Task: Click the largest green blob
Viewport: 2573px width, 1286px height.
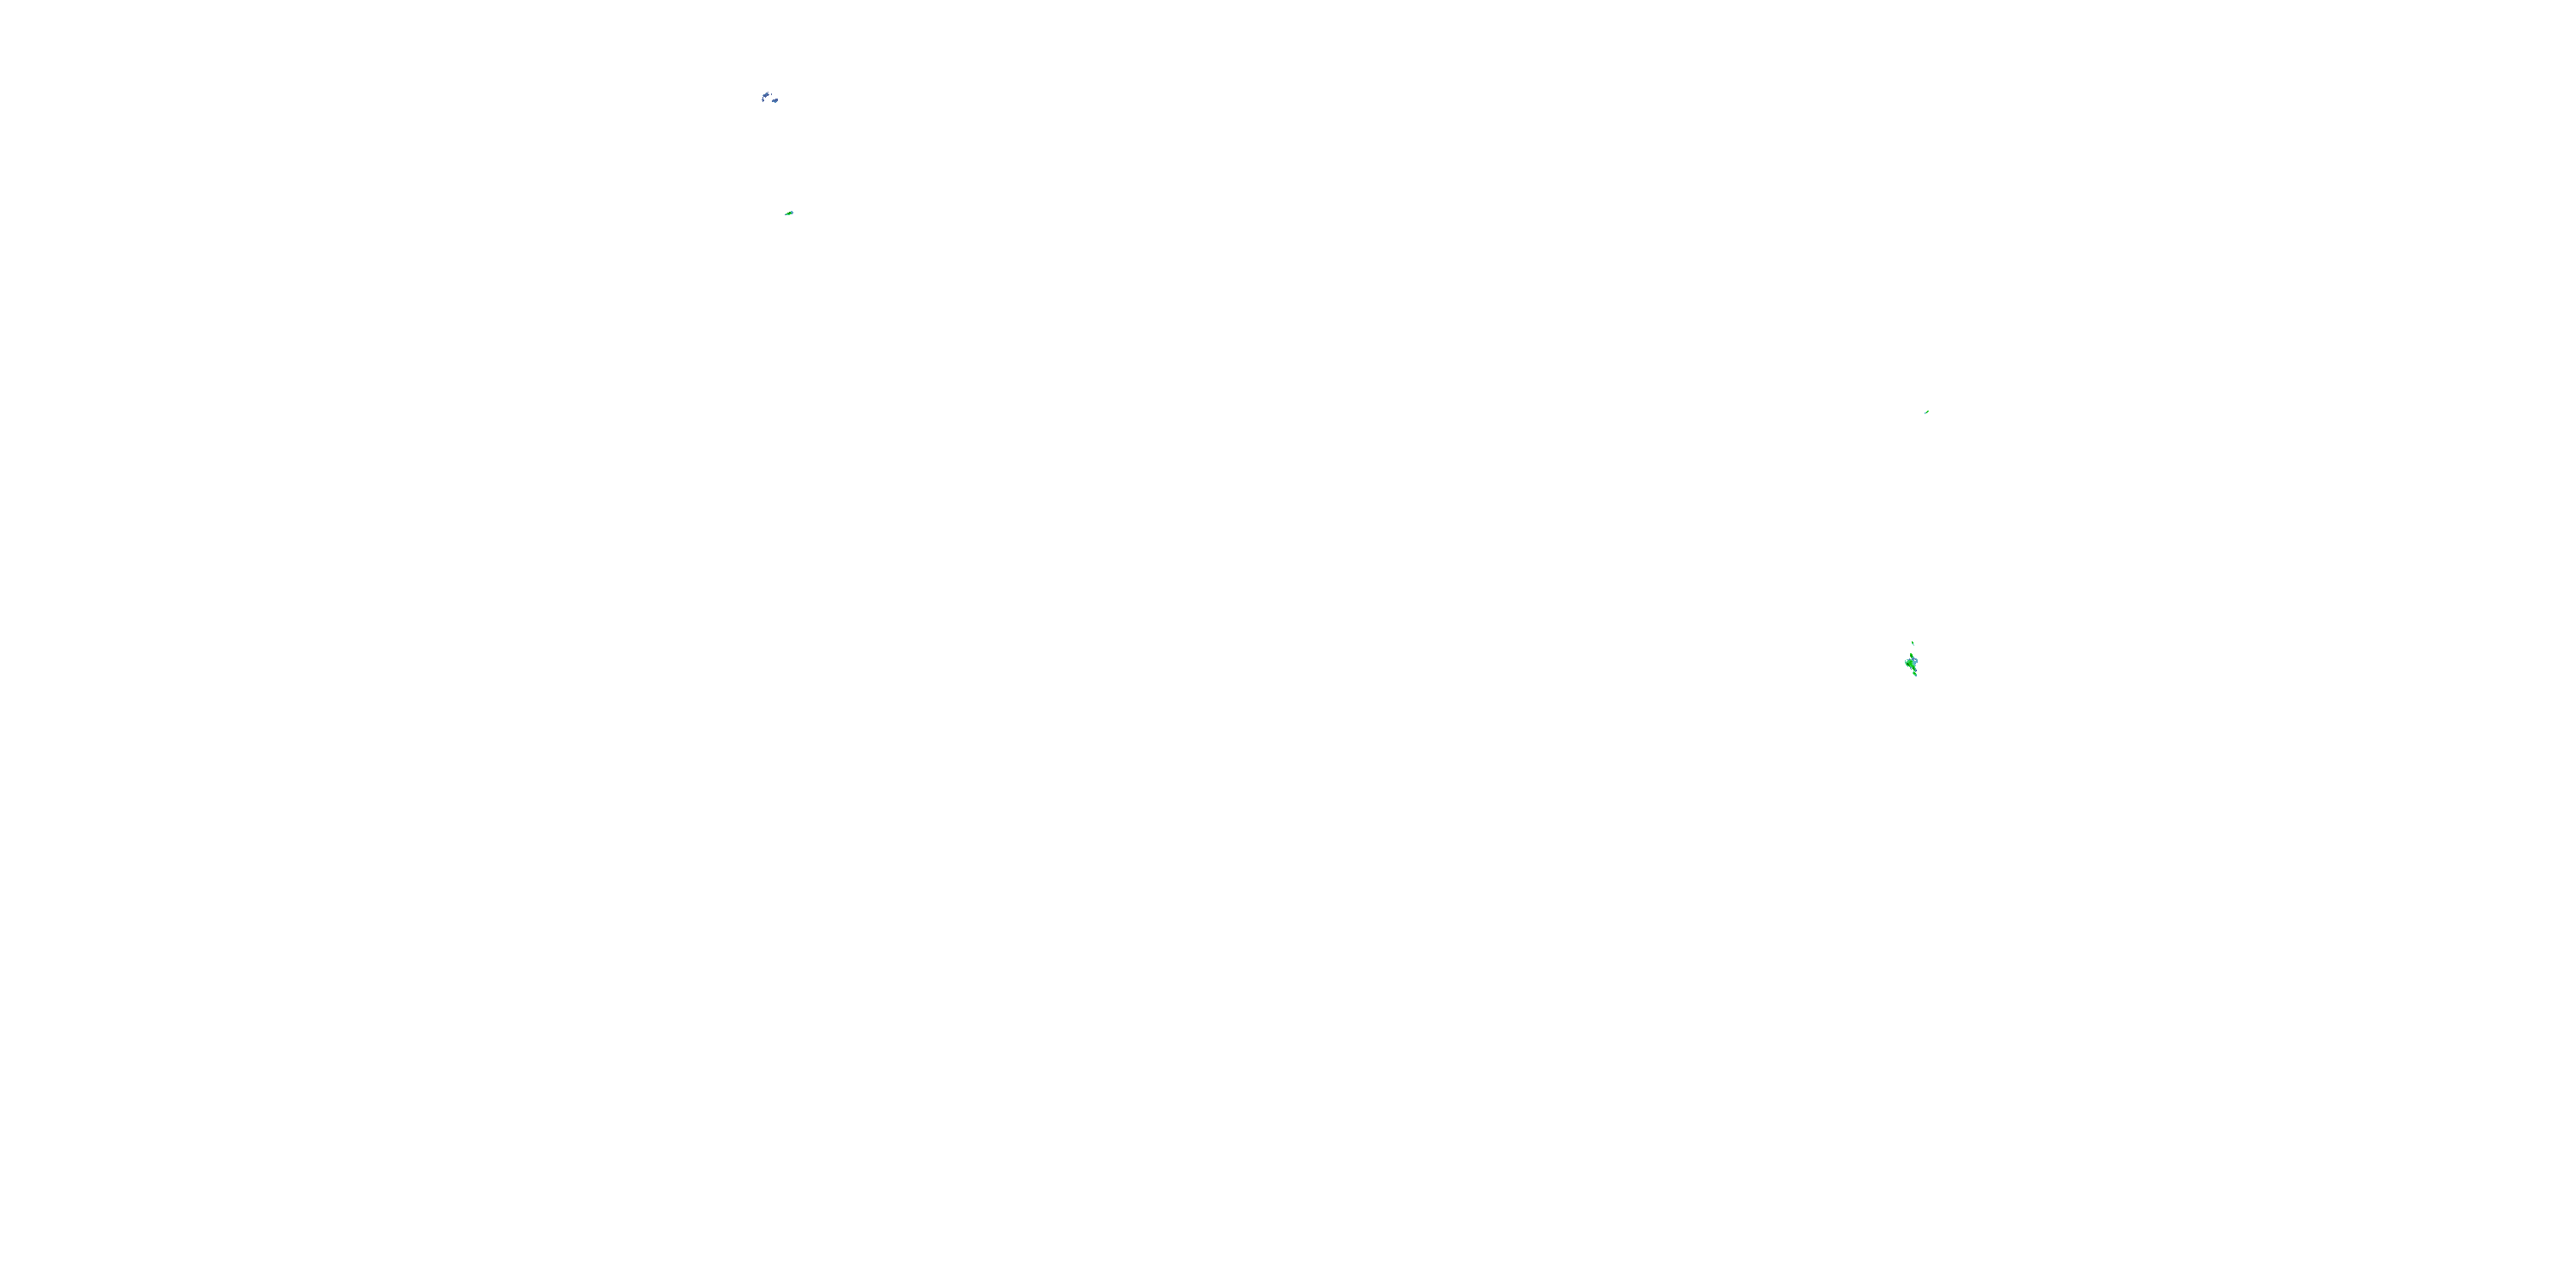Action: pyautogui.click(x=1911, y=664)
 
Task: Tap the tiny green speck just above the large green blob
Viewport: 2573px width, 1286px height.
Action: pyautogui.click(x=1913, y=643)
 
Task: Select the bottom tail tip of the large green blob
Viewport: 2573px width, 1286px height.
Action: pyautogui.click(x=1916, y=675)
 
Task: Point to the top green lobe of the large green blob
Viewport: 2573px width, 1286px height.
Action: pyautogui.click(x=1912, y=656)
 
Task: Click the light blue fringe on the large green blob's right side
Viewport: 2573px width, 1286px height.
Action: pyautogui.click(x=1916, y=662)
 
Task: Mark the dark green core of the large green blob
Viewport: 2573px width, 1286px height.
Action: pyautogui.click(x=1907, y=665)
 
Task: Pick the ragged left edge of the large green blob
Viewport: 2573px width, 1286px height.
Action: pyautogui.click(x=1906, y=663)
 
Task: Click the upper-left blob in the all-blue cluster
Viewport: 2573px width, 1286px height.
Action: pyautogui.click(x=766, y=96)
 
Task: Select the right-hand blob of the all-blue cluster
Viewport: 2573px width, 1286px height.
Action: pyautogui.click(x=775, y=101)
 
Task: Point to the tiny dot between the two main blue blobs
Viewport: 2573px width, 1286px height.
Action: pyautogui.click(x=772, y=95)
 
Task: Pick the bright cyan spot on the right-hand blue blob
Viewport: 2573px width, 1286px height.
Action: pyautogui.click(x=776, y=103)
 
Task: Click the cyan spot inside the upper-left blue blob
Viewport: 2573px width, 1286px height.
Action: pyautogui.click(x=766, y=93)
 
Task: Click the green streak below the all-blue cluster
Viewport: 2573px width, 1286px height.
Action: pyautogui.click(x=789, y=213)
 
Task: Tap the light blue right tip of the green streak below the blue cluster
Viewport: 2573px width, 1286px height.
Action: pyautogui.click(x=792, y=213)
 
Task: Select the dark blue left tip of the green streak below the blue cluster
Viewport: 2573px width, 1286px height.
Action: pyautogui.click(x=786, y=216)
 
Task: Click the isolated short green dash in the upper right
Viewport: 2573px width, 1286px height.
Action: pyautogui.click(x=1927, y=412)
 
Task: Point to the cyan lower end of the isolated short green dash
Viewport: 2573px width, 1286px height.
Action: pyautogui.click(x=1925, y=413)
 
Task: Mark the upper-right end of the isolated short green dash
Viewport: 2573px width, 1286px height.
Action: pyautogui.click(x=1929, y=412)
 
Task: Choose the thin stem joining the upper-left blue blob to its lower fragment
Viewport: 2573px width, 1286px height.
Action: pyautogui.click(x=763, y=98)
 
